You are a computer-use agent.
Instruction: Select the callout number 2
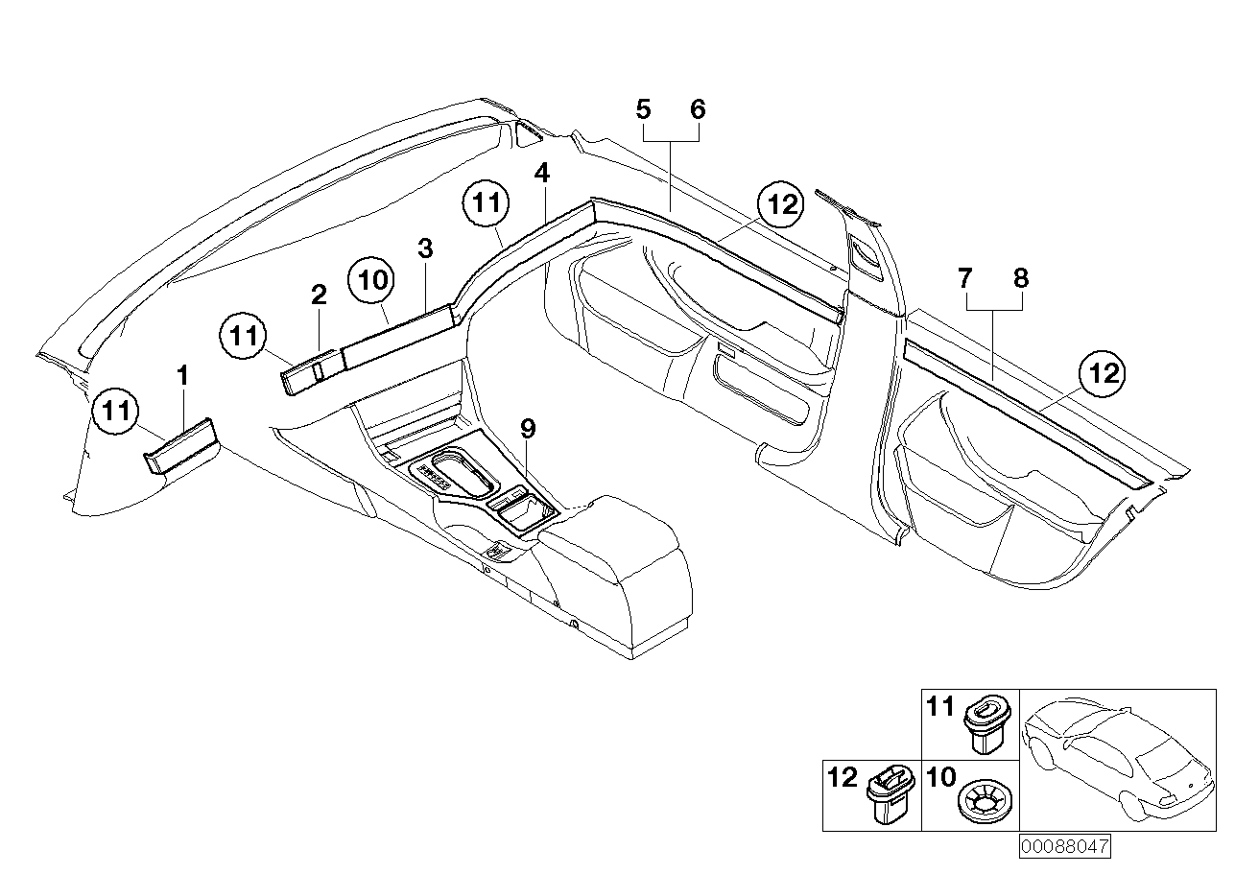319,296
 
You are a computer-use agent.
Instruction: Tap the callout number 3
425,249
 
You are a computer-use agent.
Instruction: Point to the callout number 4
542,174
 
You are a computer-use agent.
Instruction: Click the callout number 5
644,109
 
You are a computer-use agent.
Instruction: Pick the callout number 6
698,109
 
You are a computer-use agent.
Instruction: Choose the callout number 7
965,279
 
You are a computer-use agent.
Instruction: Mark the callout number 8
1021,279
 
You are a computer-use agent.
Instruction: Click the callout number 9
528,429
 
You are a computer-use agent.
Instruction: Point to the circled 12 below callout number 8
1103,374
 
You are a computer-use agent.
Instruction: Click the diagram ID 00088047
1064,848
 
